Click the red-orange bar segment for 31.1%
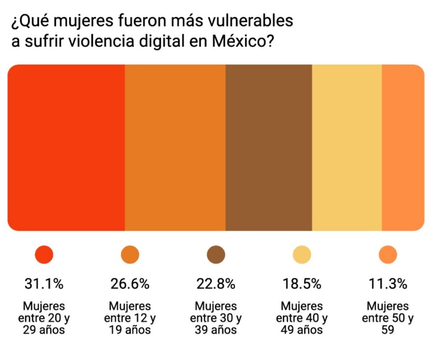[x=66, y=148]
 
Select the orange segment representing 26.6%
[x=175, y=148]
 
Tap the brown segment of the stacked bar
[x=268, y=148]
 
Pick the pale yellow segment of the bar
[x=347, y=148]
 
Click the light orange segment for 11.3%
[x=403, y=148]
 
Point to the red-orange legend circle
[x=44, y=255]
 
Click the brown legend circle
[x=216, y=255]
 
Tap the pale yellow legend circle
[x=302, y=255]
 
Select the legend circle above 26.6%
[x=130, y=255]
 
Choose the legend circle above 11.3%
[x=388, y=255]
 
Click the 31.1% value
[x=44, y=284]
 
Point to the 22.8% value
[x=216, y=284]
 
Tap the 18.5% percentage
[x=302, y=284]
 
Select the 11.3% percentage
[x=388, y=284]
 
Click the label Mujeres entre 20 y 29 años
[x=44, y=318]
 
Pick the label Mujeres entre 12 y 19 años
[x=130, y=318]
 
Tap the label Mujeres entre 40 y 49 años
[x=302, y=318]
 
